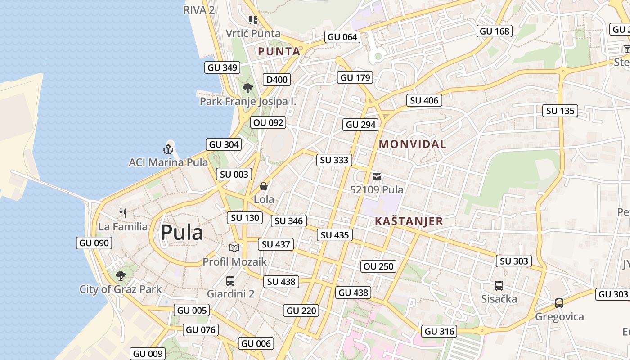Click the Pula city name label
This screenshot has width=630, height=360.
point(182,233)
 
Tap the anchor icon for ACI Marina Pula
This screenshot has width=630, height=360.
point(168,149)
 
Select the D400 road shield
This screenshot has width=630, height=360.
point(277,80)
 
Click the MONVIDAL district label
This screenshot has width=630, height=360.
point(413,144)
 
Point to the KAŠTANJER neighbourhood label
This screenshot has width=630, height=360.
point(409,221)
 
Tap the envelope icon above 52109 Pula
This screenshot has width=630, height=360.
point(377,177)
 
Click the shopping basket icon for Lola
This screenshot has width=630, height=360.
point(264,186)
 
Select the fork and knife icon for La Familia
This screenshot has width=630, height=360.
point(123,213)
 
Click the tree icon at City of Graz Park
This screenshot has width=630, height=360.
point(120,275)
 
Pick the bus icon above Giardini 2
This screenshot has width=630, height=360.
point(230,281)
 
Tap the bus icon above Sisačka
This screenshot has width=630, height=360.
point(499,285)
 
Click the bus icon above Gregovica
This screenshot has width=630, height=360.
point(559,303)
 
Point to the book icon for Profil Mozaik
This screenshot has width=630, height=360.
point(234,248)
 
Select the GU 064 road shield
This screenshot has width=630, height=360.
point(342,37)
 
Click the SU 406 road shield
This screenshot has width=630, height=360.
point(424,101)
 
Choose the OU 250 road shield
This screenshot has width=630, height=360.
point(378,266)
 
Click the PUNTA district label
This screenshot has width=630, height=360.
point(279,52)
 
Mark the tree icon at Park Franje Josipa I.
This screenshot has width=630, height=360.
point(247,88)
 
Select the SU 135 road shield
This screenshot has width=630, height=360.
point(560,111)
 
